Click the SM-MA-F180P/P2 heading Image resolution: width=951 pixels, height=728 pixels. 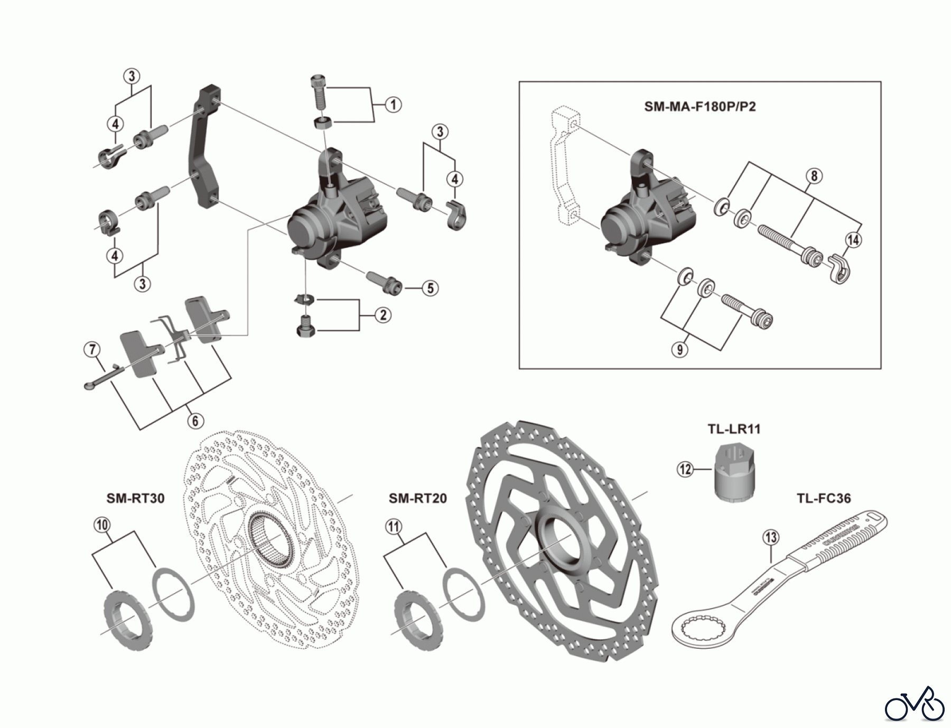point(700,107)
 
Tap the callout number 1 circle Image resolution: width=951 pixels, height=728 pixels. point(393,105)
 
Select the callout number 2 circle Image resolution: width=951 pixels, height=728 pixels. point(383,315)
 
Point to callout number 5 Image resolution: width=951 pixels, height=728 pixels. point(430,288)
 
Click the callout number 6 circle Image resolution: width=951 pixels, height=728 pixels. point(195,421)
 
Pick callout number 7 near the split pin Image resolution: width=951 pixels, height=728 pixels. point(92,349)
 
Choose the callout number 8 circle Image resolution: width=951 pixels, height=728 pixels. point(814,175)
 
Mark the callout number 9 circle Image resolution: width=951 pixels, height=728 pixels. point(680,349)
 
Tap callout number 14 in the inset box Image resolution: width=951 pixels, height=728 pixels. point(853,240)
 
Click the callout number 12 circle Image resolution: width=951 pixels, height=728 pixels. point(685,469)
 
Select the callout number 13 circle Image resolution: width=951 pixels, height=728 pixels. point(771,538)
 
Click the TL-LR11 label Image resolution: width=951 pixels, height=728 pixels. point(734,429)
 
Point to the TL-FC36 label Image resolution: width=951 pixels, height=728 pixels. point(823,498)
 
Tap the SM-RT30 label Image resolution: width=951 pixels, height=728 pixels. point(136,498)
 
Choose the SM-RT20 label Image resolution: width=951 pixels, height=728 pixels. point(417,498)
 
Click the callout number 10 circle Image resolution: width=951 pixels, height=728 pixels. point(102,524)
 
